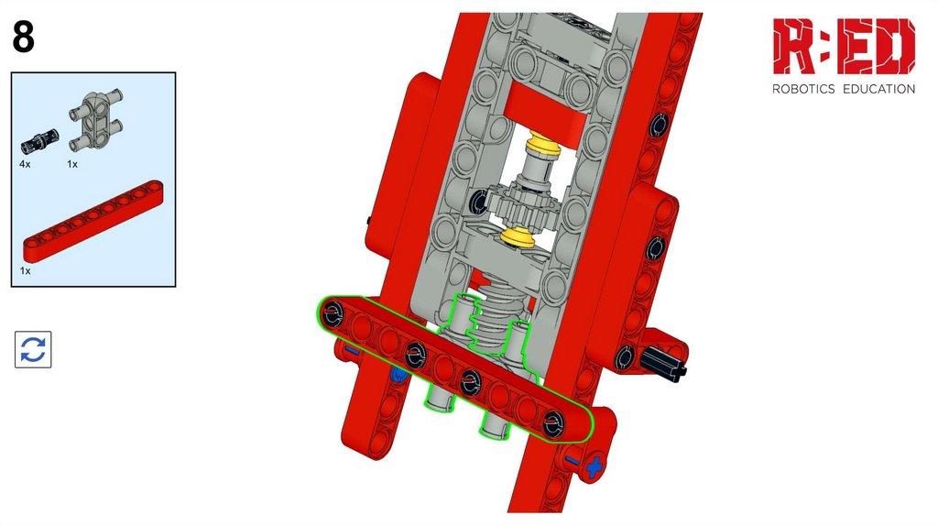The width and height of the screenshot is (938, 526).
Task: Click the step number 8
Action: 23,37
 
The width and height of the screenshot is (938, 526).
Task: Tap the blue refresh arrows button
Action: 33,349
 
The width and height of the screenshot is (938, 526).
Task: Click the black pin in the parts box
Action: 39,140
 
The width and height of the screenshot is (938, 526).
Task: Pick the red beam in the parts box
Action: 93,222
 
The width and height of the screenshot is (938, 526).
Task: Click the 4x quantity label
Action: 25,164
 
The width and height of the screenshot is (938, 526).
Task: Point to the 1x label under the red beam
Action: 25,271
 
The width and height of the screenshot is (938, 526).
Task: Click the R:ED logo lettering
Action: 844,46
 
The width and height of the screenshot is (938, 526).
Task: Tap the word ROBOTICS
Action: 803,89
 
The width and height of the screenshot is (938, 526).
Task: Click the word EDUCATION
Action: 878,89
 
